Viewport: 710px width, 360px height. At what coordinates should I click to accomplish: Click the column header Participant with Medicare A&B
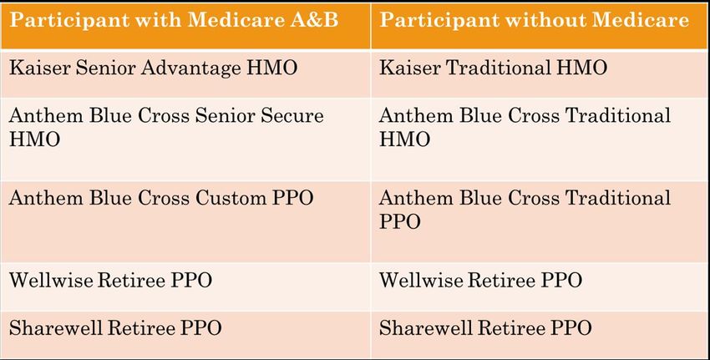tap(174, 20)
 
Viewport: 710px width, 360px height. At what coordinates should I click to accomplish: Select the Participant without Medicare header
tap(535, 20)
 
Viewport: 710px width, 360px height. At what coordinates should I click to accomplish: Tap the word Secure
tap(292, 115)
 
